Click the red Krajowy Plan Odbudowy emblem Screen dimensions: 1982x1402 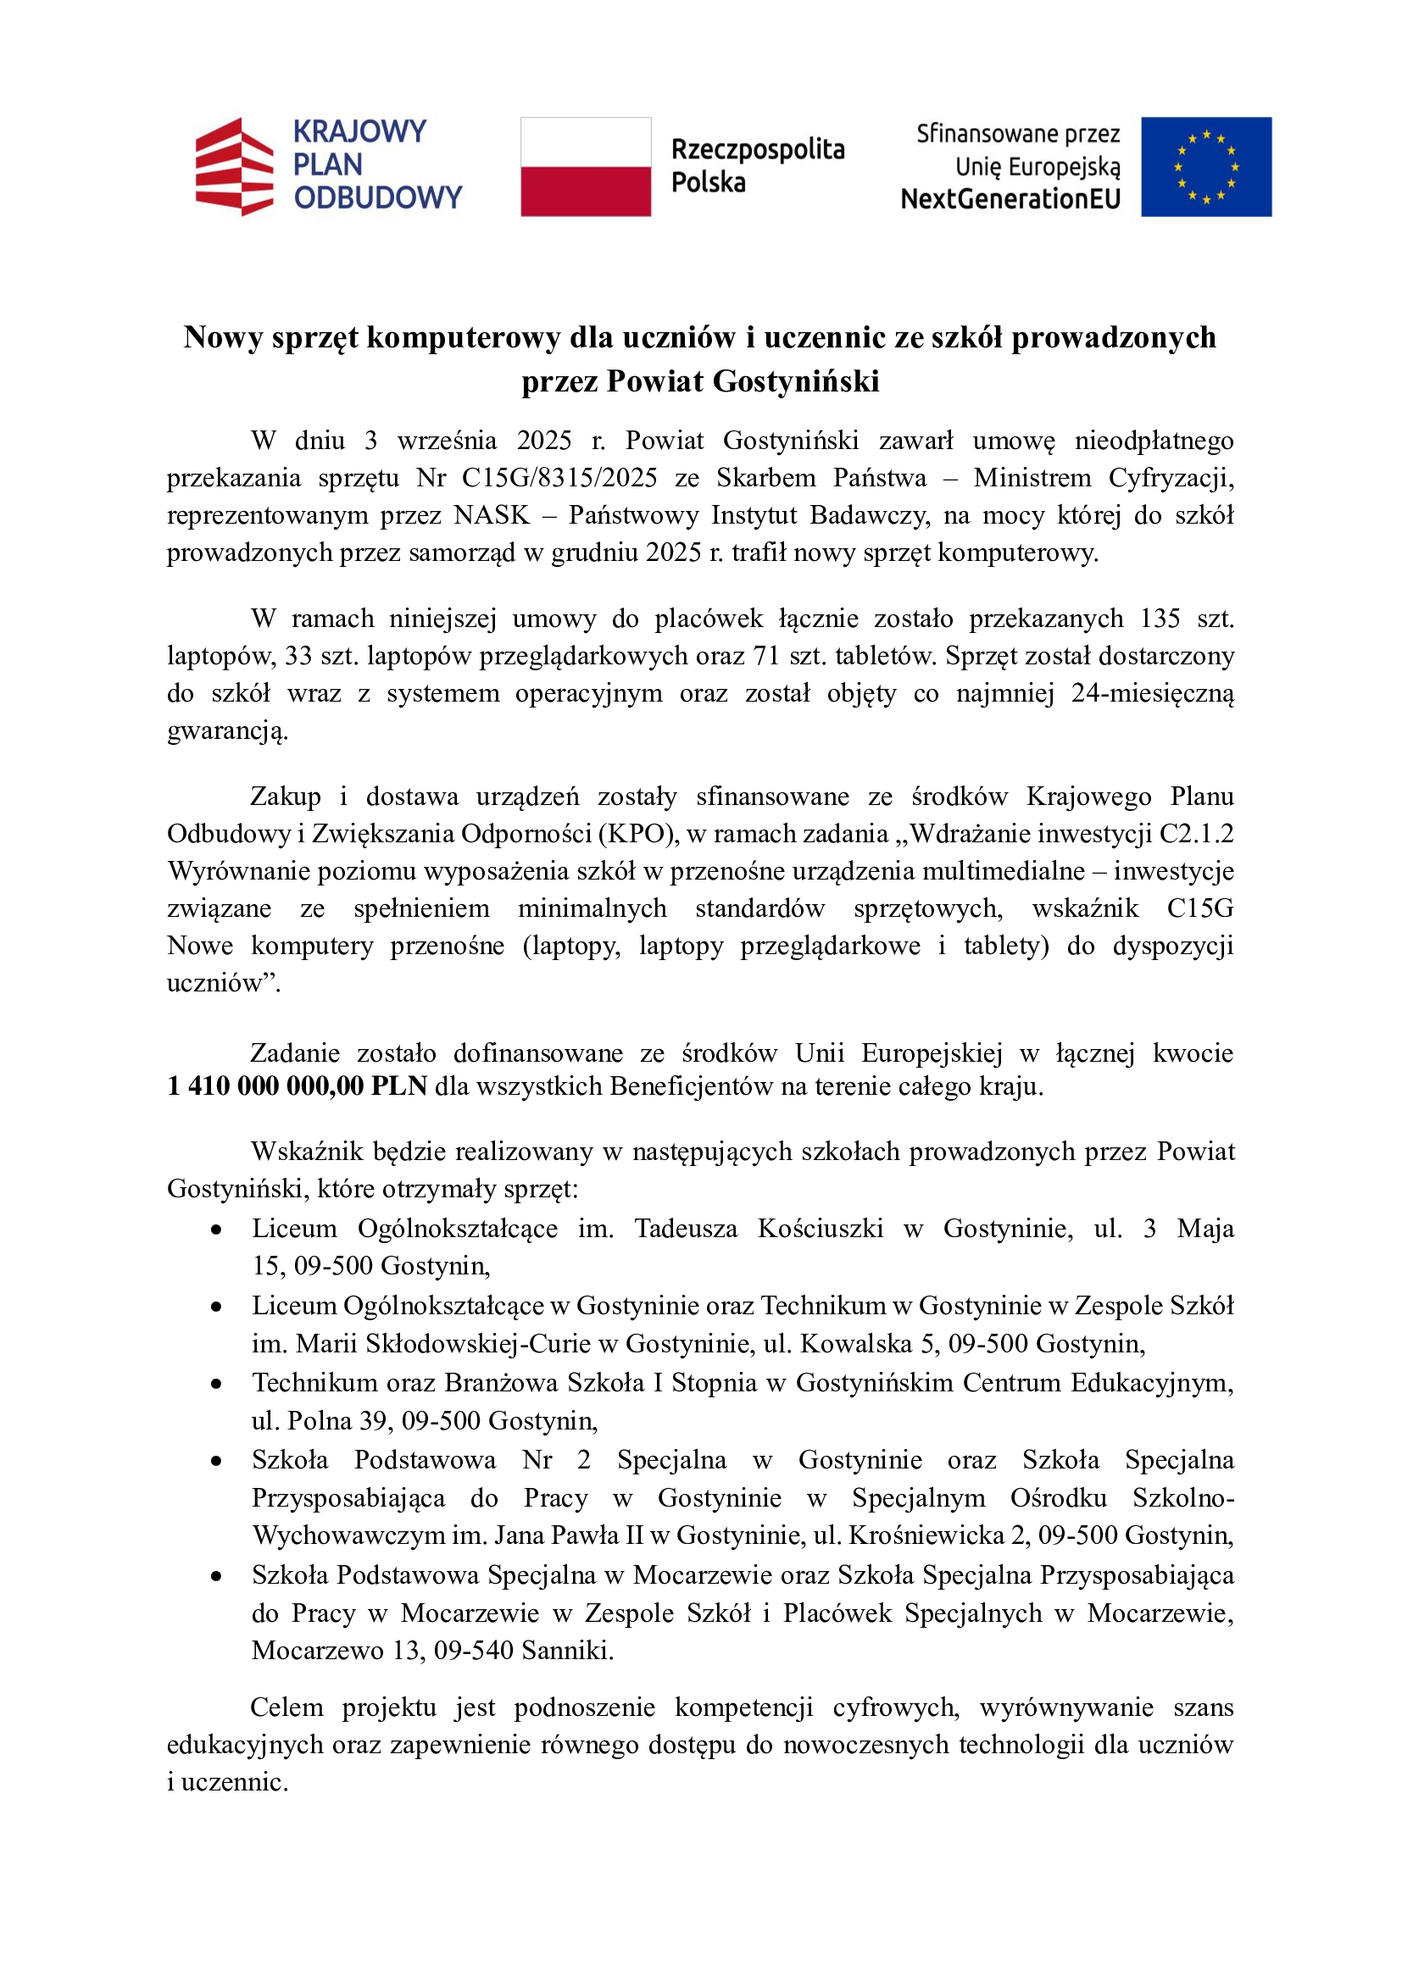click(233, 166)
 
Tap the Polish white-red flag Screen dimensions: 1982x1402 click(586, 166)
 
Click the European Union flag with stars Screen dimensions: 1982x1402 click(1205, 166)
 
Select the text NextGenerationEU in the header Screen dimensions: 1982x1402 click(1010, 199)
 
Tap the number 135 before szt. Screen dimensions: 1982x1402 click(1160, 618)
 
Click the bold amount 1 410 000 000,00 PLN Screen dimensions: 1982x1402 click(297, 1086)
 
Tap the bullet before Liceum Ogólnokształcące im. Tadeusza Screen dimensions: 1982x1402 click(216, 1230)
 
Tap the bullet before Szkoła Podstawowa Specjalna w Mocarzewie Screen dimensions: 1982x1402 click(216, 1575)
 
